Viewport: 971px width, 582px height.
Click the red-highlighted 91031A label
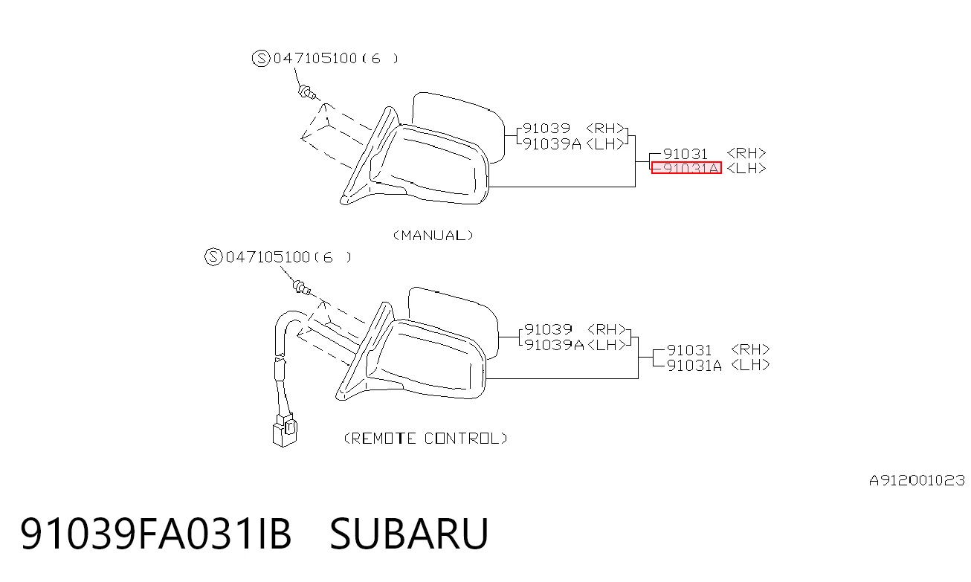click(x=687, y=168)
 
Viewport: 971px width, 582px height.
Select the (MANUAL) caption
click(x=433, y=236)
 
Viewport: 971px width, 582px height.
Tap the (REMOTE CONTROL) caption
click(x=425, y=438)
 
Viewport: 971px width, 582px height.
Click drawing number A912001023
click(x=917, y=480)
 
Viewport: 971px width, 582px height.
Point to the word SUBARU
click(x=409, y=534)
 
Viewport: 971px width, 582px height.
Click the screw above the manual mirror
click(x=307, y=92)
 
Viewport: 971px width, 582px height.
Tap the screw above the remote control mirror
click(x=302, y=288)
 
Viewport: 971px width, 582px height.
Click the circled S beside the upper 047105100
click(x=261, y=58)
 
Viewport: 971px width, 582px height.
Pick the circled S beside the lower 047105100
click(x=213, y=257)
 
